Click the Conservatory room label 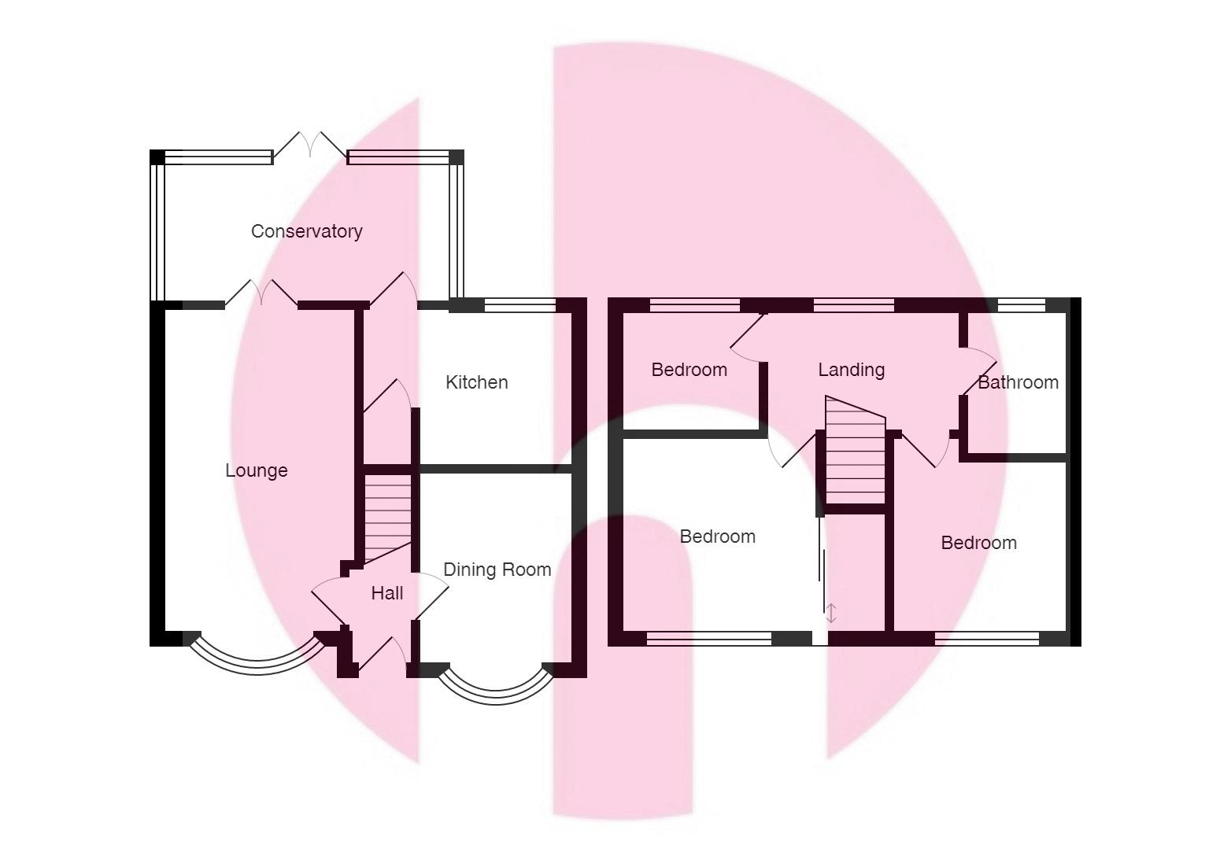[306, 231]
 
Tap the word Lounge [257, 470]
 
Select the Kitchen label [476, 382]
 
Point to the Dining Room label [497, 570]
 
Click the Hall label [386, 593]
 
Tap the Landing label [851, 370]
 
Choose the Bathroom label [1018, 382]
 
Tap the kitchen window [519, 305]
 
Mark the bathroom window [1022, 305]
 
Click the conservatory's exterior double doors [310, 146]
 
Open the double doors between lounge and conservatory [261, 293]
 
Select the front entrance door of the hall [383, 657]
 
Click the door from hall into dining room [429, 594]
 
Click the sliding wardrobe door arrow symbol [831, 613]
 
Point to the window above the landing [854, 305]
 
